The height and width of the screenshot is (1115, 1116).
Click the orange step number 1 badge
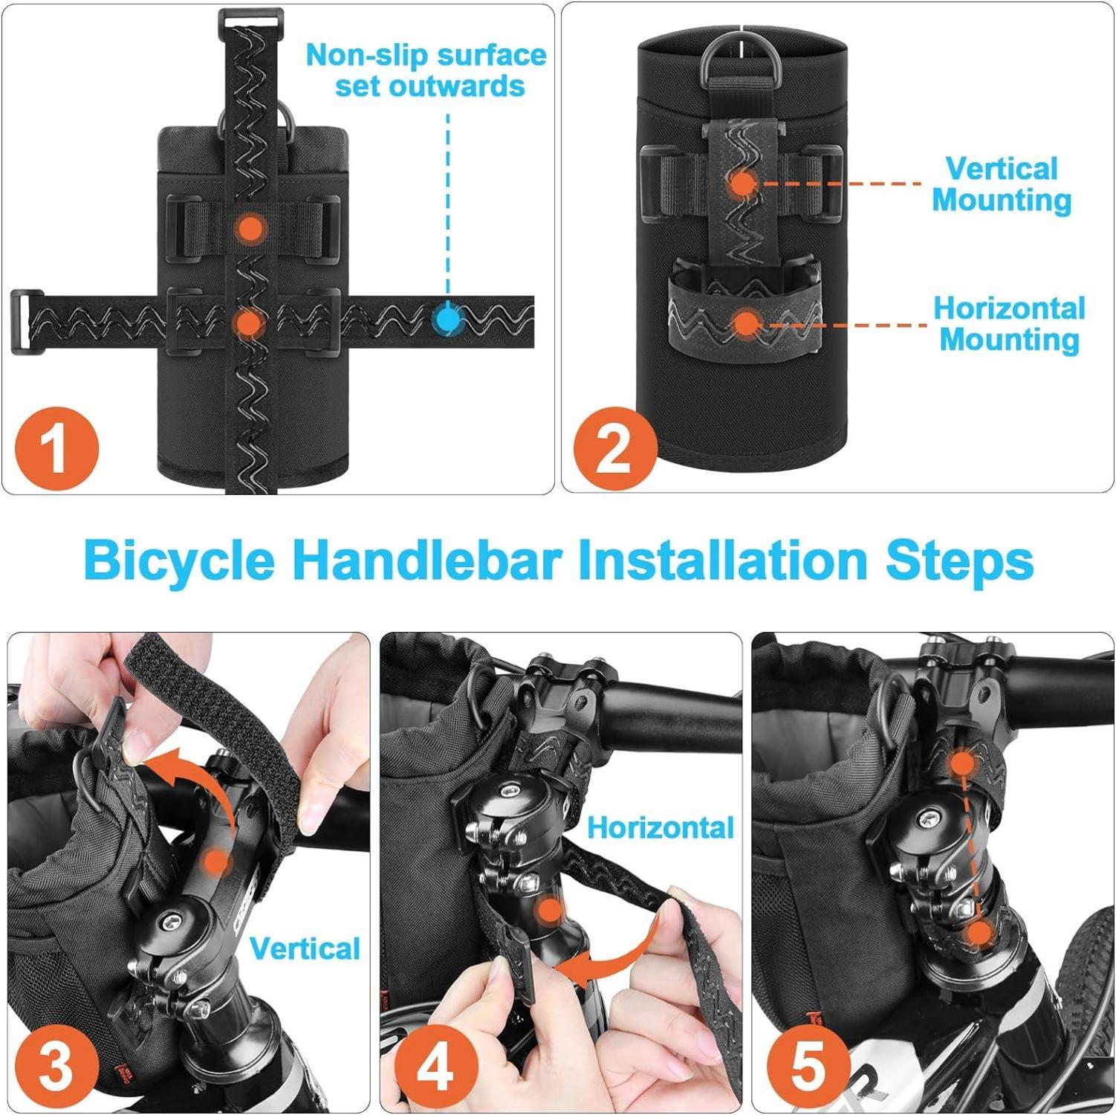coord(56,448)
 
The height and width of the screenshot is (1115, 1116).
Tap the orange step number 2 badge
coord(614,448)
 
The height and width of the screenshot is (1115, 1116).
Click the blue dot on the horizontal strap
coord(447,320)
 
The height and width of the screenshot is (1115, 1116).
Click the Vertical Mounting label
coord(1002,184)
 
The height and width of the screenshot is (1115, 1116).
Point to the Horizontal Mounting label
coord(1009,323)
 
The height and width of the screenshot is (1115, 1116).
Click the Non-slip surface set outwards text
coord(426,71)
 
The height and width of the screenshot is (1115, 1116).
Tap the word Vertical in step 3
coord(305,948)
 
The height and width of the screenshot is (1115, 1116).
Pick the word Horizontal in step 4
coord(661,827)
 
